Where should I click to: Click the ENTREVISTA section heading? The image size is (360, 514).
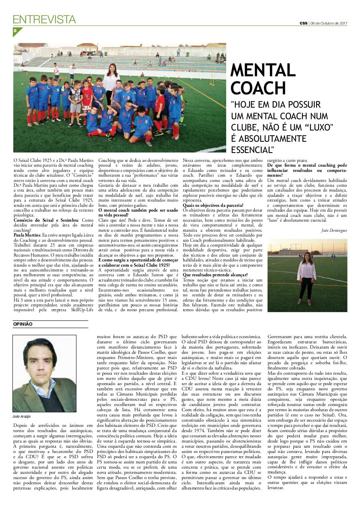tap(44, 19)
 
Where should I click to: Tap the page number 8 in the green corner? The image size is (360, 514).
tap(15, 31)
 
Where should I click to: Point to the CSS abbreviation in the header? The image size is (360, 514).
tap(303, 23)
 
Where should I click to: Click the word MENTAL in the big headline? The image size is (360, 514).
tap(263, 71)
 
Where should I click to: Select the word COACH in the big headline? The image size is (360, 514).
tap(253, 88)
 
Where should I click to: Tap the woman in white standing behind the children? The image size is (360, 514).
tap(111, 80)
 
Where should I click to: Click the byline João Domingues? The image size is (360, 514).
tap(334, 230)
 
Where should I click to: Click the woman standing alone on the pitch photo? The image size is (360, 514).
tap(307, 277)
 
